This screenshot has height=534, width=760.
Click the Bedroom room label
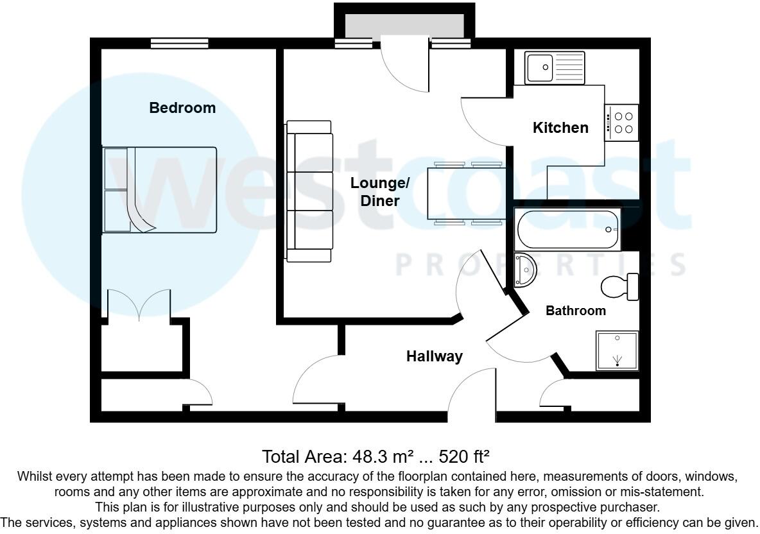tap(182, 108)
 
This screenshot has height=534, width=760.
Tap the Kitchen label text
tap(560, 128)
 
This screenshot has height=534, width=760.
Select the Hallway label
tap(435, 356)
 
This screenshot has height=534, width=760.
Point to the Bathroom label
tap(575, 311)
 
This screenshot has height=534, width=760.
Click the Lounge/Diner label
tap(379, 192)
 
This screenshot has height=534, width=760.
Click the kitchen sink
tap(555, 67)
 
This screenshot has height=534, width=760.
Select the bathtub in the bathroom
tap(567, 229)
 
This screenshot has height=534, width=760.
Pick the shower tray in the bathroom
tap(617, 350)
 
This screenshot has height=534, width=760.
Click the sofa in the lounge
tap(309, 191)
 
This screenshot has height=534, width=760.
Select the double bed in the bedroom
tap(160, 189)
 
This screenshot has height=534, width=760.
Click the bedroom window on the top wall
tap(180, 43)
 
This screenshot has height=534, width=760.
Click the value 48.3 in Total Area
tap(369, 457)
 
